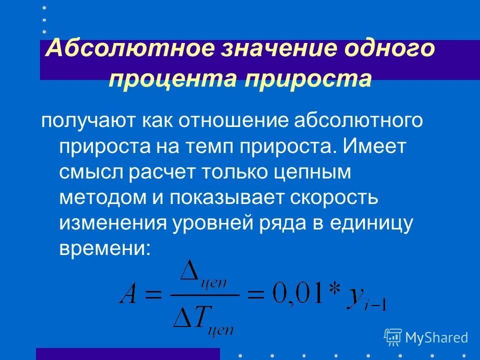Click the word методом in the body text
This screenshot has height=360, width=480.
(98, 197)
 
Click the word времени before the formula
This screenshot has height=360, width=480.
(103, 248)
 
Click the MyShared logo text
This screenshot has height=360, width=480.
(436, 338)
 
